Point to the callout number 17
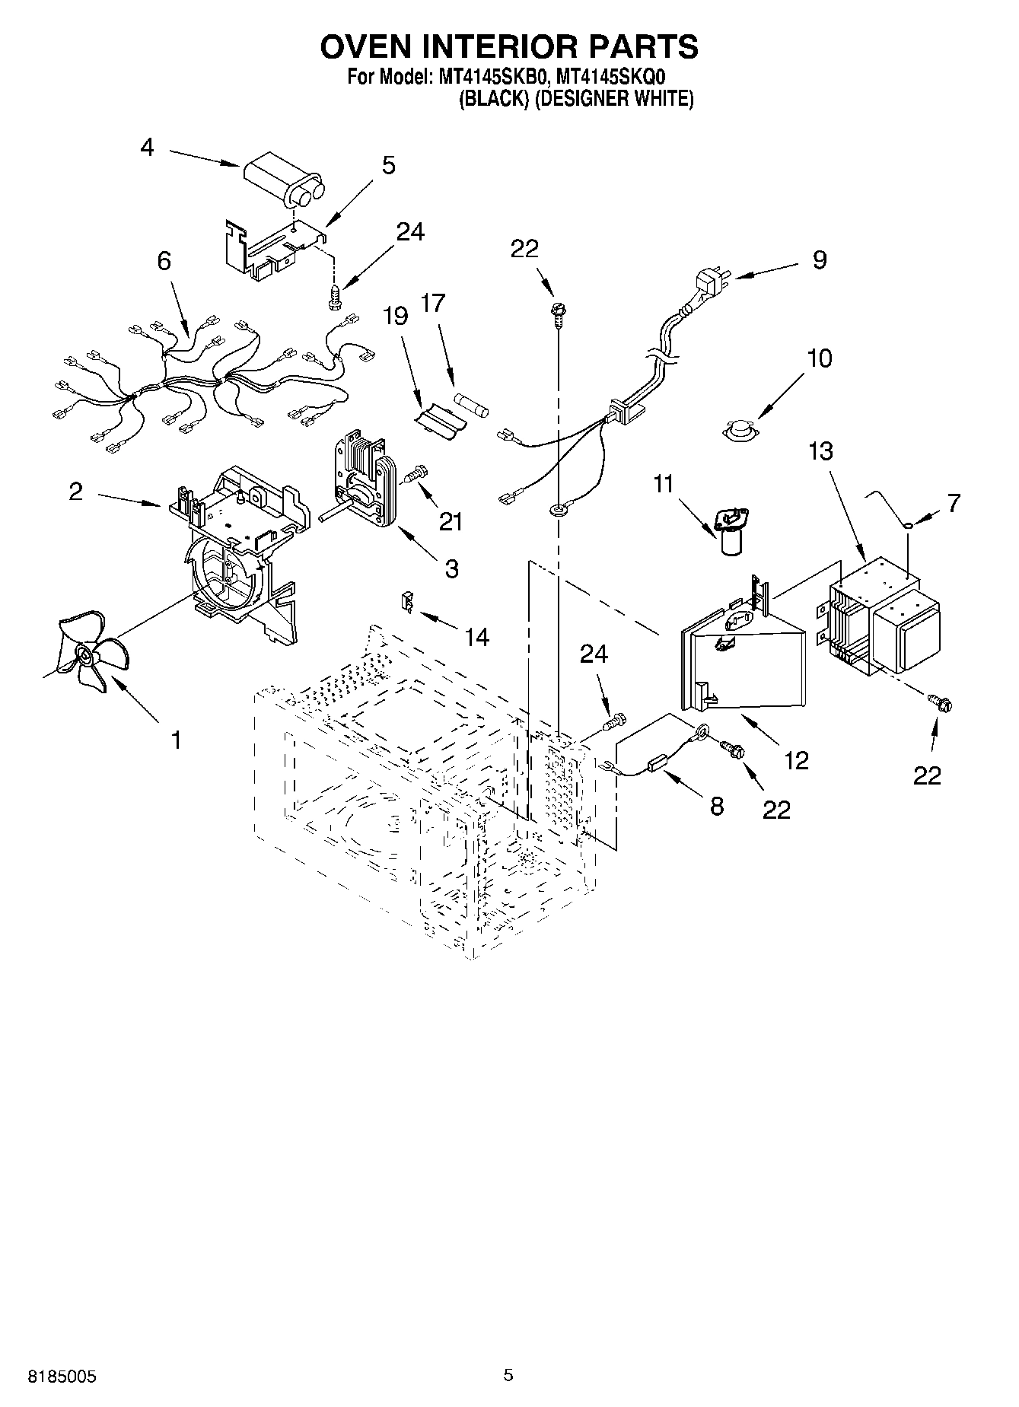point(432,304)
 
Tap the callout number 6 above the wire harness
point(164,261)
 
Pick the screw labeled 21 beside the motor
point(413,476)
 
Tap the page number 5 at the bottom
point(508,1374)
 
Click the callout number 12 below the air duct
point(796,760)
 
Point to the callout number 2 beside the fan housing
point(75,492)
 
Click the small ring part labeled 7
point(909,524)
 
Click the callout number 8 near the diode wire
point(716,806)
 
